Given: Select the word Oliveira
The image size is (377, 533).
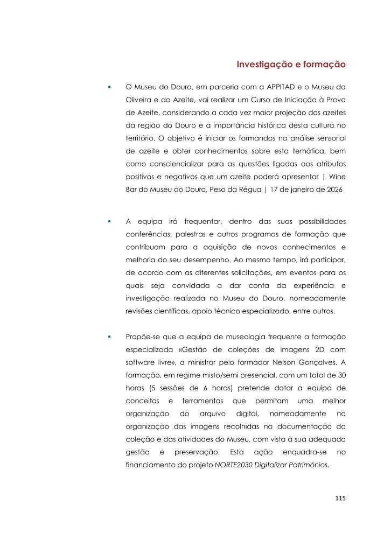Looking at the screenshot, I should click(138, 100).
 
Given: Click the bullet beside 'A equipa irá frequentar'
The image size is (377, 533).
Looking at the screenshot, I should click(109, 221).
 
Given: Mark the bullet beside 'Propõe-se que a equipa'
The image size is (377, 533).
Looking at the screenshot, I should click(109, 336).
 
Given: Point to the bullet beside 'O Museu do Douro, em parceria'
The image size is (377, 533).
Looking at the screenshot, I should click(109, 86).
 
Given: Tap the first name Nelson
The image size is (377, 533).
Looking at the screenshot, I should click(287, 364).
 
